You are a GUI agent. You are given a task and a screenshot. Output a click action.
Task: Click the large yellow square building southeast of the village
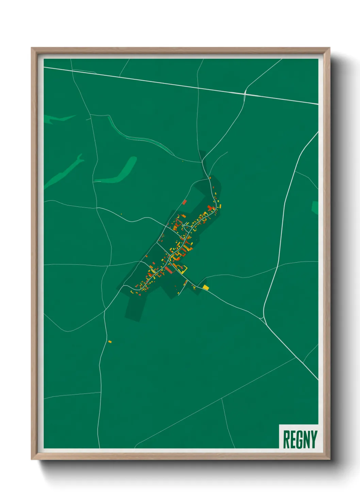(x=206, y=288)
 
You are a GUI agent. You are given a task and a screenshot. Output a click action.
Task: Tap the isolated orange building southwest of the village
(x=110, y=342)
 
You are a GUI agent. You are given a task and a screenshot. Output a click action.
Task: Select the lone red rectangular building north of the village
(x=184, y=202)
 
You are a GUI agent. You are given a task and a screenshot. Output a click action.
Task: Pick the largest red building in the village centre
(x=168, y=270)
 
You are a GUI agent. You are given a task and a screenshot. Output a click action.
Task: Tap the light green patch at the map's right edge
(x=315, y=207)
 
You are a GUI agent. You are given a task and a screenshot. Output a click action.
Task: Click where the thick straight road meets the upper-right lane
(x=245, y=92)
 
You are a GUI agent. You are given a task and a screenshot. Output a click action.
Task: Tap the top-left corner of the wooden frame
(x=32, y=48)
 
